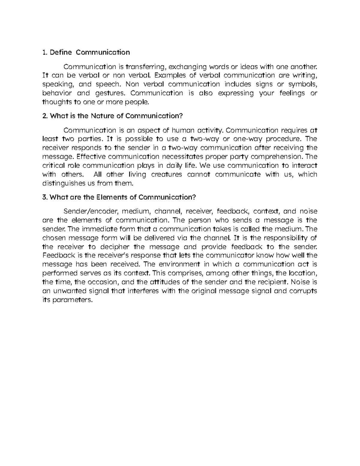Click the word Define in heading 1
61,53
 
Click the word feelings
292,93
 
